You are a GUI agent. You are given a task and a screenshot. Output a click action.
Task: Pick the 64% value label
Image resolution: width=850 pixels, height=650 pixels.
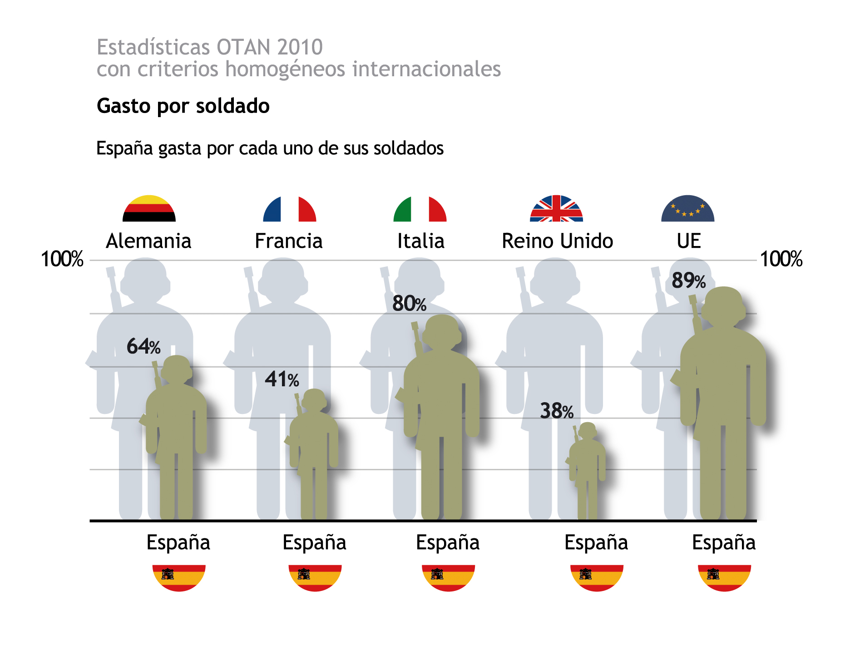143,346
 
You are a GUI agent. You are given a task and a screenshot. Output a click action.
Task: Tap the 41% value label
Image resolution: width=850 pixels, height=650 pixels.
282,379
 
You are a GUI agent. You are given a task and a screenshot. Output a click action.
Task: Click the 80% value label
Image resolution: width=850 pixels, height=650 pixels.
409,304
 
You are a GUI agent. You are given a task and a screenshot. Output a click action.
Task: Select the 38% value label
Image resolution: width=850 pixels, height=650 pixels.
557,411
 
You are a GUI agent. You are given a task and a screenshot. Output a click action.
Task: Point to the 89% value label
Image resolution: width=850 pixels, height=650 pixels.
688,281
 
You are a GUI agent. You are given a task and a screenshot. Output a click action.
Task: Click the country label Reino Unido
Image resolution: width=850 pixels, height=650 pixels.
557,241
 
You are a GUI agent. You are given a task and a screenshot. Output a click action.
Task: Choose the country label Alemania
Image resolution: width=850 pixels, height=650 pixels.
148,241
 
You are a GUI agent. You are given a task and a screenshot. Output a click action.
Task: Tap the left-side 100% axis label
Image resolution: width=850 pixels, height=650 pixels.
62,259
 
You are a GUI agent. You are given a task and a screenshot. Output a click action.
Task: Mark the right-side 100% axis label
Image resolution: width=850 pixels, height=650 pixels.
781,259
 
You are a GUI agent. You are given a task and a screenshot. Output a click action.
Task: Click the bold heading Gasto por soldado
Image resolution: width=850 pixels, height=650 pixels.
183,106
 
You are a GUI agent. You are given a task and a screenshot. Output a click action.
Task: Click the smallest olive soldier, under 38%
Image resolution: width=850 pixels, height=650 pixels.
587,468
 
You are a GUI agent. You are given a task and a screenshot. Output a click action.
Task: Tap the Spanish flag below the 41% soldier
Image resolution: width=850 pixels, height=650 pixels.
315,577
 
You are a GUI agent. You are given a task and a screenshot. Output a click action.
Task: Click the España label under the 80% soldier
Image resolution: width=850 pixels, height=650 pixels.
448,542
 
